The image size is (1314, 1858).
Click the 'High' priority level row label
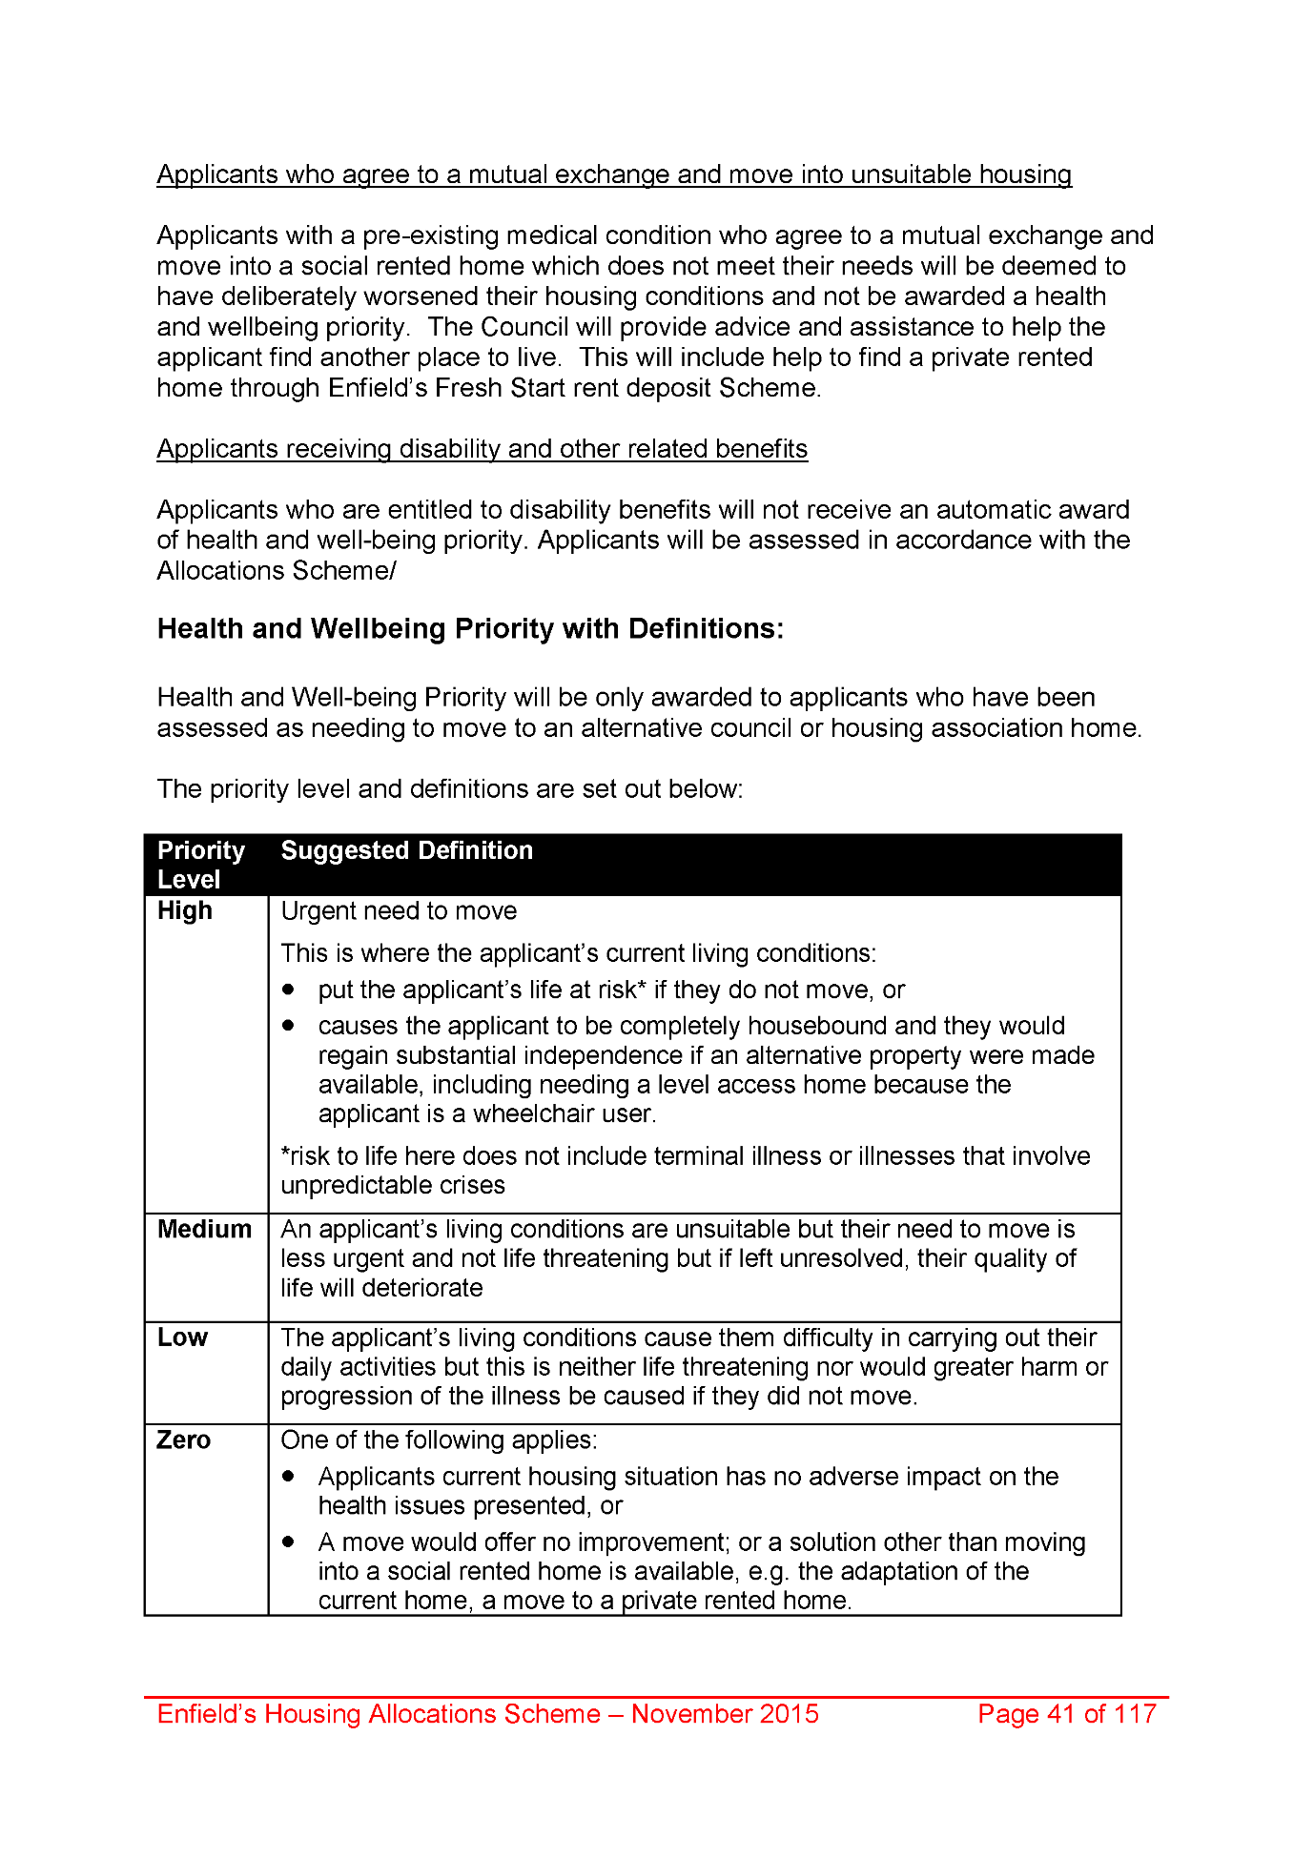[x=185, y=911]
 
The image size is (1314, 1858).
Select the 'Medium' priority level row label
[x=204, y=1230]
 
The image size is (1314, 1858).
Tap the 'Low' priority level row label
[x=182, y=1337]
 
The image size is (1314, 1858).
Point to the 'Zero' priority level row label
[x=183, y=1440]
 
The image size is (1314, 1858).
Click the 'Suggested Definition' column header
[x=406, y=850]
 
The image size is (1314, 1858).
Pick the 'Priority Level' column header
[x=200, y=865]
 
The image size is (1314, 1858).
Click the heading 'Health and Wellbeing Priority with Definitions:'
[x=470, y=629]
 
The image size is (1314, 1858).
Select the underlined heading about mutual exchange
[x=614, y=174]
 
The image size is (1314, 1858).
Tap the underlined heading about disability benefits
[x=482, y=449]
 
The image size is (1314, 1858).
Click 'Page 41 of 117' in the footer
[x=1066, y=1714]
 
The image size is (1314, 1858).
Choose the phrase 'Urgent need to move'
[x=399, y=911]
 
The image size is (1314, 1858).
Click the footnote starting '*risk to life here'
[x=685, y=1171]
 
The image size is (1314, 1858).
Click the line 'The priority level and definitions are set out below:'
[x=449, y=789]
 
